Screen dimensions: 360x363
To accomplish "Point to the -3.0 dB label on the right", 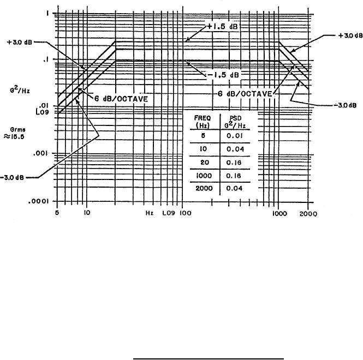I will pos(332,104).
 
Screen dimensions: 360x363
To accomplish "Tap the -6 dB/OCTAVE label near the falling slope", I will pos(245,93).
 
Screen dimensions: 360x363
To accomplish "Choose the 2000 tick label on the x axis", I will pos(308,214).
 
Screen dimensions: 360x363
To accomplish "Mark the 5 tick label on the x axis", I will pos(57,214).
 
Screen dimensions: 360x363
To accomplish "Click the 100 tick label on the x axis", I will pos(186,214).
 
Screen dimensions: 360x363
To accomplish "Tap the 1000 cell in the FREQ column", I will pos(200,176).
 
